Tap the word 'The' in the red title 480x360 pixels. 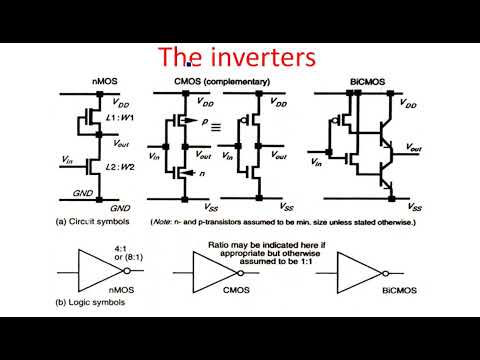tap(182, 58)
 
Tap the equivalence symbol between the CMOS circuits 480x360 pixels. tap(214, 128)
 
